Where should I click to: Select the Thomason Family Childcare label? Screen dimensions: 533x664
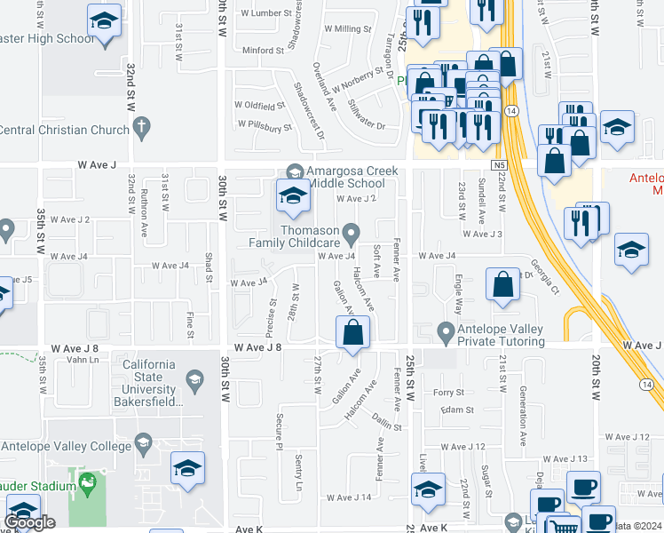click(x=310, y=235)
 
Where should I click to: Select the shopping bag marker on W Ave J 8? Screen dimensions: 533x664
click(x=352, y=334)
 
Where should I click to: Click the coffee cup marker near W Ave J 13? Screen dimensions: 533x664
click(x=583, y=487)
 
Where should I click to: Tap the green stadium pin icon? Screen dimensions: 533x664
click(x=87, y=485)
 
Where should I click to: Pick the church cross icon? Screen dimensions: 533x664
click(x=141, y=128)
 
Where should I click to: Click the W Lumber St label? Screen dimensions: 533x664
click(x=262, y=13)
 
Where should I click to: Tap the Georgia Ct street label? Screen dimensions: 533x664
click(x=544, y=276)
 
